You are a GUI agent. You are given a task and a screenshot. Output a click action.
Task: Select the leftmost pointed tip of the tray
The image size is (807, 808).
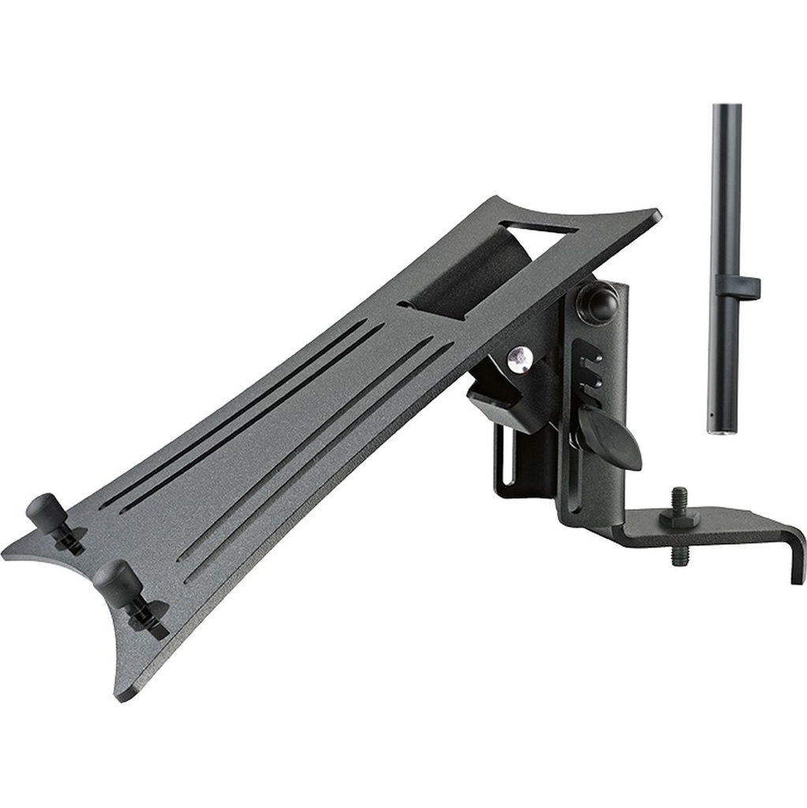click(x=6, y=552)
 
